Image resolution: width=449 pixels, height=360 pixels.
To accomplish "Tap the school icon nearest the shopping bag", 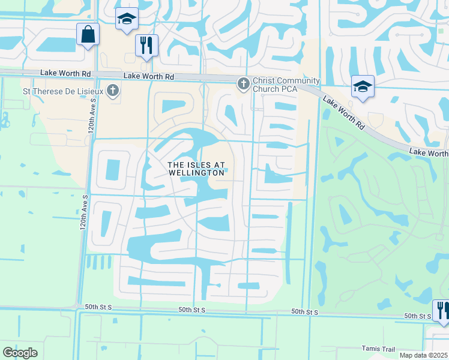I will (127, 19).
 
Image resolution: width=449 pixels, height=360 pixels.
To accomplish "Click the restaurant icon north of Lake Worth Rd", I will (146, 44).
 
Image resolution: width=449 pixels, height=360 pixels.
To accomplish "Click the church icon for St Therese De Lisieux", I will (113, 91).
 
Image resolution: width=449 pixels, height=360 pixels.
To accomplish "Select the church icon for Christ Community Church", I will (244, 83).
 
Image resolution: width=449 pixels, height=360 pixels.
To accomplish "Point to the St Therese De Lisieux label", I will (63, 91).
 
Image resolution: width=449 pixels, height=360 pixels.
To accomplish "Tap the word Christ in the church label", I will (265, 81).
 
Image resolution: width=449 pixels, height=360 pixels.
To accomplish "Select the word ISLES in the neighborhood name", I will (193, 164).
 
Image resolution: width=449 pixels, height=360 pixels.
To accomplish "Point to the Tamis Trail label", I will (379, 348).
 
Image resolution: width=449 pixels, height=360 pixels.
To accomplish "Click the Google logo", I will (20, 353).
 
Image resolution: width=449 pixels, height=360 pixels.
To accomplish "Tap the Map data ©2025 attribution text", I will (424, 355).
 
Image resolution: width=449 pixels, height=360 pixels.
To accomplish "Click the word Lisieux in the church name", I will (91, 91).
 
